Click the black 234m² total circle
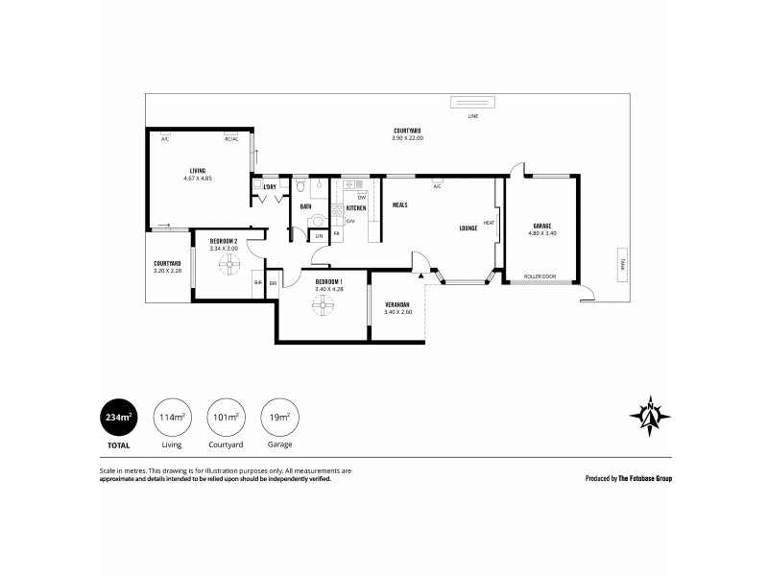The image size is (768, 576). (x=119, y=417)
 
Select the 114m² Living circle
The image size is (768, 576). (x=171, y=417)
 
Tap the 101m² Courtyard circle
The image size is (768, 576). (x=224, y=417)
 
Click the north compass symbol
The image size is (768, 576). (x=650, y=415)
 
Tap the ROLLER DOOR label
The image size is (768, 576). (x=540, y=276)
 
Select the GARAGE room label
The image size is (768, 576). (x=541, y=227)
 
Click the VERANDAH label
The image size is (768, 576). (x=397, y=305)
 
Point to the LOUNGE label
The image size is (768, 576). (x=468, y=228)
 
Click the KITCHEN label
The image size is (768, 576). (x=356, y=207)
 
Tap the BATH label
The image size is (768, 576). (x=305, y=206)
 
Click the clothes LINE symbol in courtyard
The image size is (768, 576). (x=471, y=105)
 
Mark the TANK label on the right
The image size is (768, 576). (x=621, y=268)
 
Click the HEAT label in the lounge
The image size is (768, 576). (x=489, y=223)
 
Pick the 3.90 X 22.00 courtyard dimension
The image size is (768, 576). (x=407, y=138)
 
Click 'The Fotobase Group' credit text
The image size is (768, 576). (x=644, y=477)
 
